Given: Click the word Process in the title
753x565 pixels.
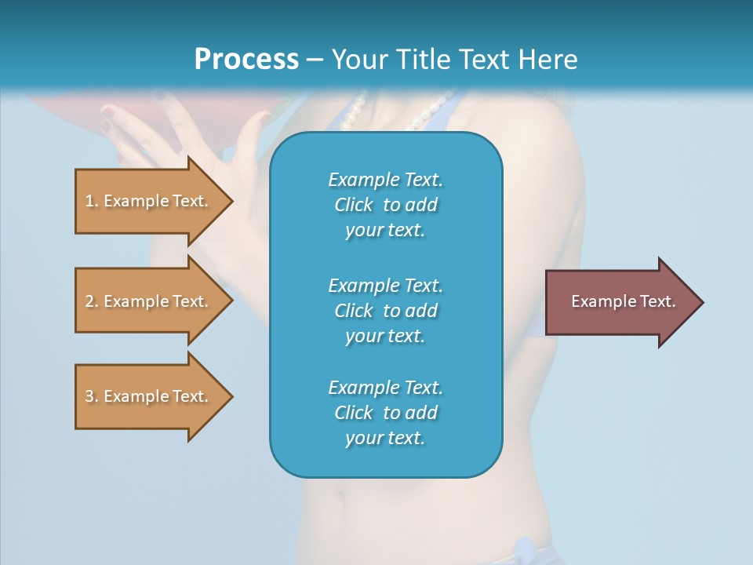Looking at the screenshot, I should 246,60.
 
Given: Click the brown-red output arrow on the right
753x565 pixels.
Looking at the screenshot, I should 620,302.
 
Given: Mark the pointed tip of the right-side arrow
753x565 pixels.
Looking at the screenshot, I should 702,302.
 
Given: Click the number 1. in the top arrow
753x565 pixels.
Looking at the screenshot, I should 92,201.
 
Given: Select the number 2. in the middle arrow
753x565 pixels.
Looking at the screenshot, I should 92,301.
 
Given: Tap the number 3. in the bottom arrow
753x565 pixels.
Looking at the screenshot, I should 92,396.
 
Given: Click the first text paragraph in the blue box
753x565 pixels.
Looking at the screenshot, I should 385,205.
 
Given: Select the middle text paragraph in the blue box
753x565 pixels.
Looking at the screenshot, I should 385,310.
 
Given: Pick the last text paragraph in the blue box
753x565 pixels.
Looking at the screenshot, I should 385,413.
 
